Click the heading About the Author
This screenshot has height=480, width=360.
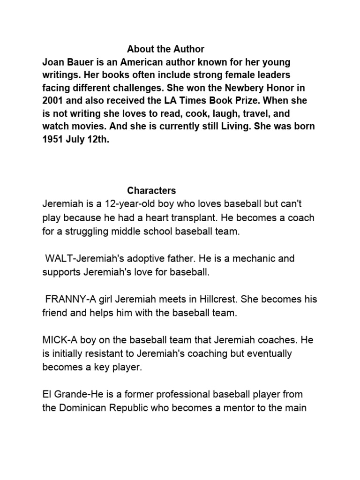click(x=165, y=49)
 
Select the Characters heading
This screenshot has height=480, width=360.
click(x=151, y=191)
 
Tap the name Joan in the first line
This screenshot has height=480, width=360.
click(x=52, y=62)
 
